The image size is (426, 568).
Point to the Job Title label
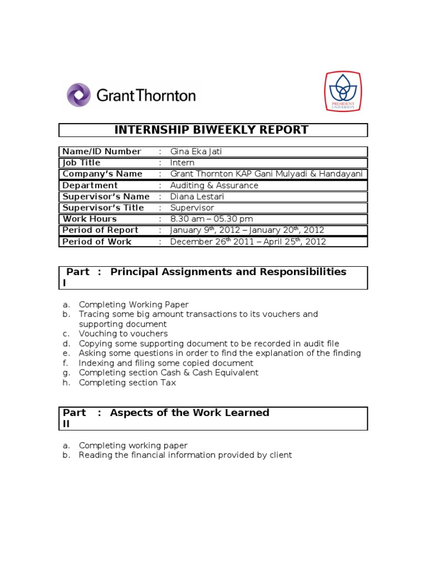(82, 163)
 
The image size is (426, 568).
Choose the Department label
(90, 185)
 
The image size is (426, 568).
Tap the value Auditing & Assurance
(214, 185)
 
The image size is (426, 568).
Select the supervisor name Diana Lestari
(199, 196)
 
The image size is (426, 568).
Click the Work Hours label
(89, 219)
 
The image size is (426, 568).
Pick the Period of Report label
(100, 230)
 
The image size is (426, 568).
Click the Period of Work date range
(248, 241)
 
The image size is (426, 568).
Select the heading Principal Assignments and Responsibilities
(228, 272)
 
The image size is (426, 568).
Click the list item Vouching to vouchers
(123, 333)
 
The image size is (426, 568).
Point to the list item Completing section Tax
(128, 383)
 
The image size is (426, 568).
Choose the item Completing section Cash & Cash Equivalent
(169, 373)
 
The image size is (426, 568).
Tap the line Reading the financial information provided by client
(185, 455)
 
